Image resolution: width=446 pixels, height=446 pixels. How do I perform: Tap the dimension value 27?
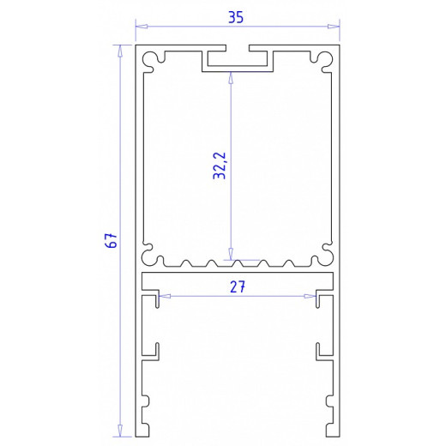[x=238, y=288]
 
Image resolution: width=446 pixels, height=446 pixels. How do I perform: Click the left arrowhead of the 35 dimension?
[x=140, y=26]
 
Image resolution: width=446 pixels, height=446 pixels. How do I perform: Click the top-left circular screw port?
[x=153, y=59]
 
